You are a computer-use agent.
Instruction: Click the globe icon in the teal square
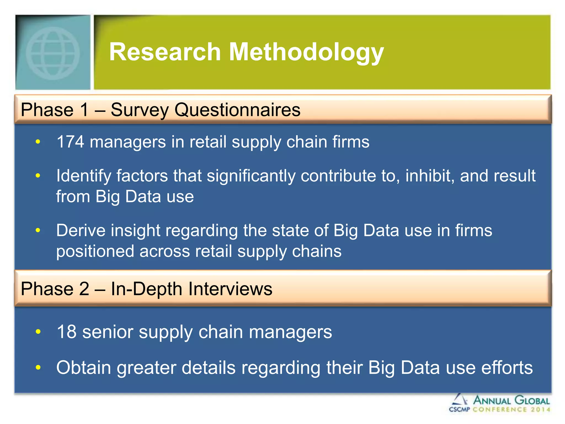pyautogui.click(x=53, y=53)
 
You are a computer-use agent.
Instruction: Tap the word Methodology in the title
pyautogui.click(x=306, y=52)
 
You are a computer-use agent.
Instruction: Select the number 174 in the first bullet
pyautogui.click(x=70, y=142)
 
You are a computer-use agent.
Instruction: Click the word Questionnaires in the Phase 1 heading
pyautogui.click(x=237, y=110)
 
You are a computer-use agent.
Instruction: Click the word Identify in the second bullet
pyautogui.click(x=84, y=176)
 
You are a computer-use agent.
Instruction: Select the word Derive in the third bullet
pyautogui.click(x=81, y=230)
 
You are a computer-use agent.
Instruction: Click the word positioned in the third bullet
pyautogui.click(x=95, y=252)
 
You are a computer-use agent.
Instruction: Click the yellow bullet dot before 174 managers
pyautogui.click(x=38, y=142)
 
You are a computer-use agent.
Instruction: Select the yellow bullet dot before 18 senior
pyautogui.click(x=38, y=332)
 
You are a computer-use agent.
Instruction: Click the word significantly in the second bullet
pyautogui.click(x=251, y=176)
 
